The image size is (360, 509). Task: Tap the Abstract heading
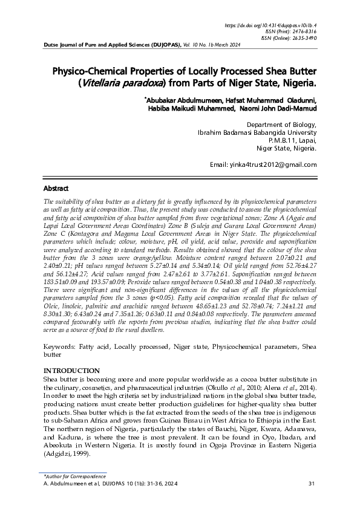pyautogui.click(x=56, y=189)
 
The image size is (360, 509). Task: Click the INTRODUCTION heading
pyautogui.click(x=71, y=371)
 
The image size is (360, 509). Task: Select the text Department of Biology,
pyautogui.click(x=282, y=125)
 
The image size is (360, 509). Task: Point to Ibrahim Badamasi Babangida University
pyautogui.click(x=257, y=132)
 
